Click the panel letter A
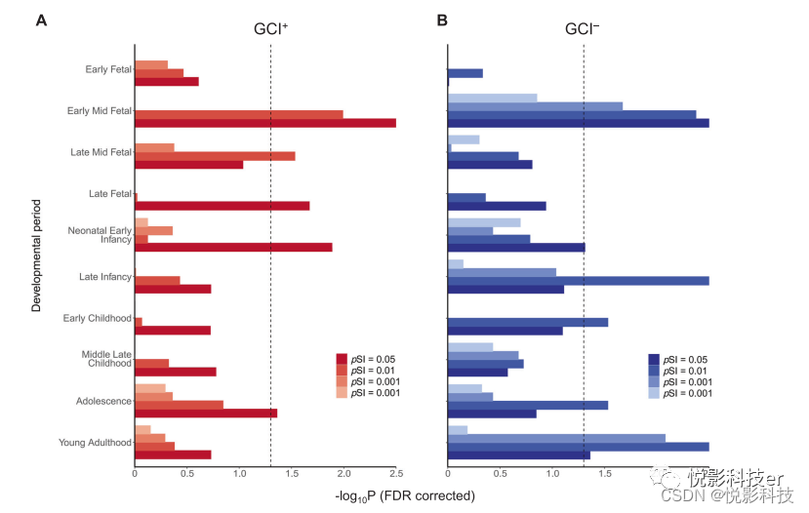pyautogui.click(x=41, y=20)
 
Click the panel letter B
pyautogui.click(x=442, y=20)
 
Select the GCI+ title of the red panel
pyautogui.click(x=270, y=29)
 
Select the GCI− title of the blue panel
pyautogui.click(x=583, y=29)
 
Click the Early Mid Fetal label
pyautogui.click(x=99, y=110)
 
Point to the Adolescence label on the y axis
pyautogui.click(x=103, y=401)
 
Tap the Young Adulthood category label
pyautogui.click(x=96, y=443)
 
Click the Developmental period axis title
pyautogui.click(x=36, y=256)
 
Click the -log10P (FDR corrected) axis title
pyautogui.click(x=405, y=495)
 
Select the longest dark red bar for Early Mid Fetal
pyautogui.click(x=264, y=123)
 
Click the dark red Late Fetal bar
pyautogui.click(x=222, y=206)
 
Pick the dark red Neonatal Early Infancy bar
pyautogui.click(x=233, y=247)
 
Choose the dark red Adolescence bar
pyautogui.click(x=206, y=413)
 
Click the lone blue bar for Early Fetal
pyautogui.click(x=465, y=73)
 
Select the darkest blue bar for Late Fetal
pyautogui.click(x=497, y=206)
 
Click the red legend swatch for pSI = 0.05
pyautogui.click(x=342, y=359)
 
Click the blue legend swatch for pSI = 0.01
pyautogui.click(x=654, y=370)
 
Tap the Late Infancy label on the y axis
pyautogui.click(x=105, y=277)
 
